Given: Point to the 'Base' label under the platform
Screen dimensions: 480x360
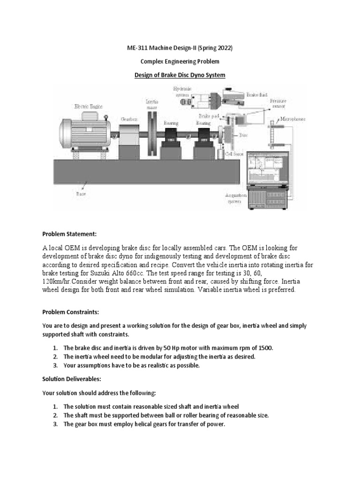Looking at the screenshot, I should tap(81, 192).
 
